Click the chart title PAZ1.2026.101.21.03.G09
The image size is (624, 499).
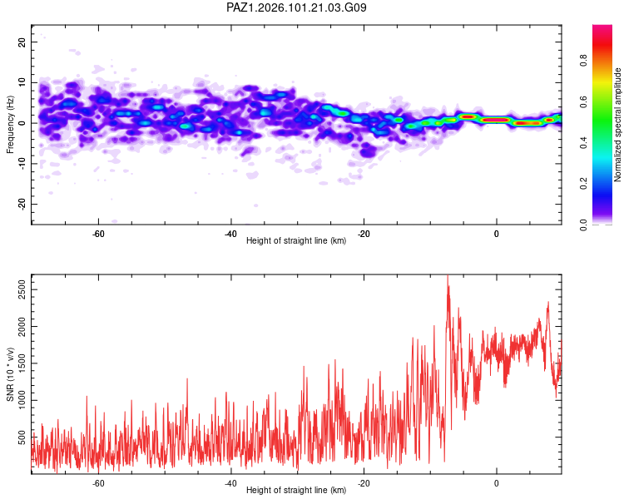[296, 7]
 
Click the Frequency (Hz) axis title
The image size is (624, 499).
[10, 125]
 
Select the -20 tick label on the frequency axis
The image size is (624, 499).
[22, 205]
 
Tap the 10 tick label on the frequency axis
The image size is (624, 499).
[22, 82]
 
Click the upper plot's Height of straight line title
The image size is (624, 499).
[296, 240]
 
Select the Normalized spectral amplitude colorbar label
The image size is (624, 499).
[617, 125]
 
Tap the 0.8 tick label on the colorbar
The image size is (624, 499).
[584, 61]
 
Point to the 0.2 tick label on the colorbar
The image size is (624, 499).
[584, 184]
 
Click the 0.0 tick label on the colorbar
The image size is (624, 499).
[584, 225]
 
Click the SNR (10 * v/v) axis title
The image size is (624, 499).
[10, 374]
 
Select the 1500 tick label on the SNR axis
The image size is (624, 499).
[22, 363]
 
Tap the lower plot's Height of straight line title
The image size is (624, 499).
[296, 490]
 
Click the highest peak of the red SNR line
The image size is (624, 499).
[448, 276]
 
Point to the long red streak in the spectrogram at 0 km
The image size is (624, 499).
[495, 120]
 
